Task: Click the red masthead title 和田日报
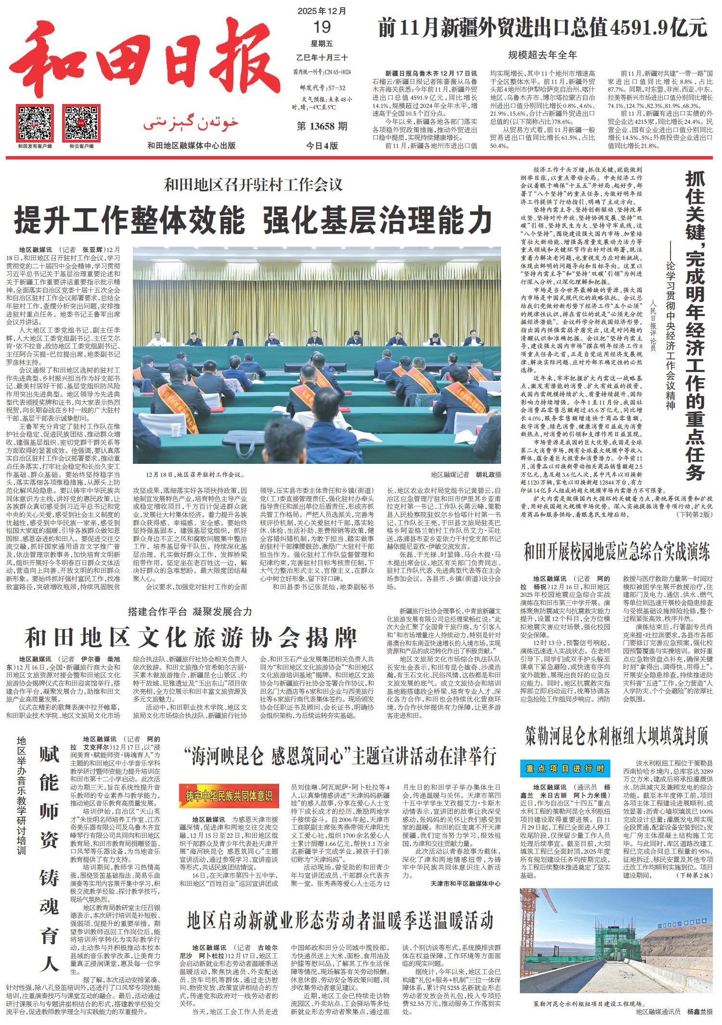[140, 60]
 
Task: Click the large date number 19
[322, 27]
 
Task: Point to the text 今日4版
[322, 146]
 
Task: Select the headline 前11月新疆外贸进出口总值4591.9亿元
[542, 27]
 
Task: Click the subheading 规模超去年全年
[542, 55]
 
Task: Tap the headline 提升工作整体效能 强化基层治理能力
[253, 220]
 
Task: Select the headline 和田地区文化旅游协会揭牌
[191, 637]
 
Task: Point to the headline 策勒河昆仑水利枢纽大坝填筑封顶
[617, 736]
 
